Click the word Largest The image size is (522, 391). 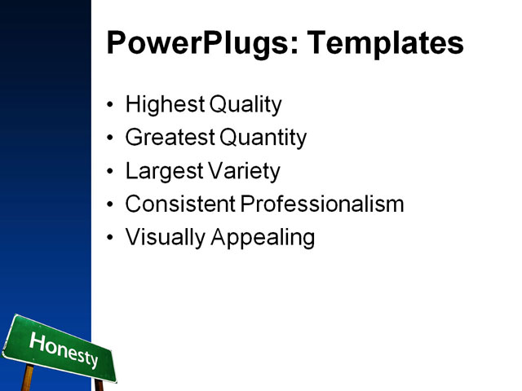(161, 172)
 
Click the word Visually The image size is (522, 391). (165, 238)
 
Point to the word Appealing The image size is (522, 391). (263, 238)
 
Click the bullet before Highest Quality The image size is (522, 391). (111, 105)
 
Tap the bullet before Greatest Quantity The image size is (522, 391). (111, 138)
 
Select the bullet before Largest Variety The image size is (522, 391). (111, 172)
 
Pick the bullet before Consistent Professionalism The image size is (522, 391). (111, 204)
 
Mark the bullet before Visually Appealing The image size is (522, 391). (111, 238)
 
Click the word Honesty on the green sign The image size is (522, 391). (64, 349)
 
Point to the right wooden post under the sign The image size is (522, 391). (99, 384)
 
